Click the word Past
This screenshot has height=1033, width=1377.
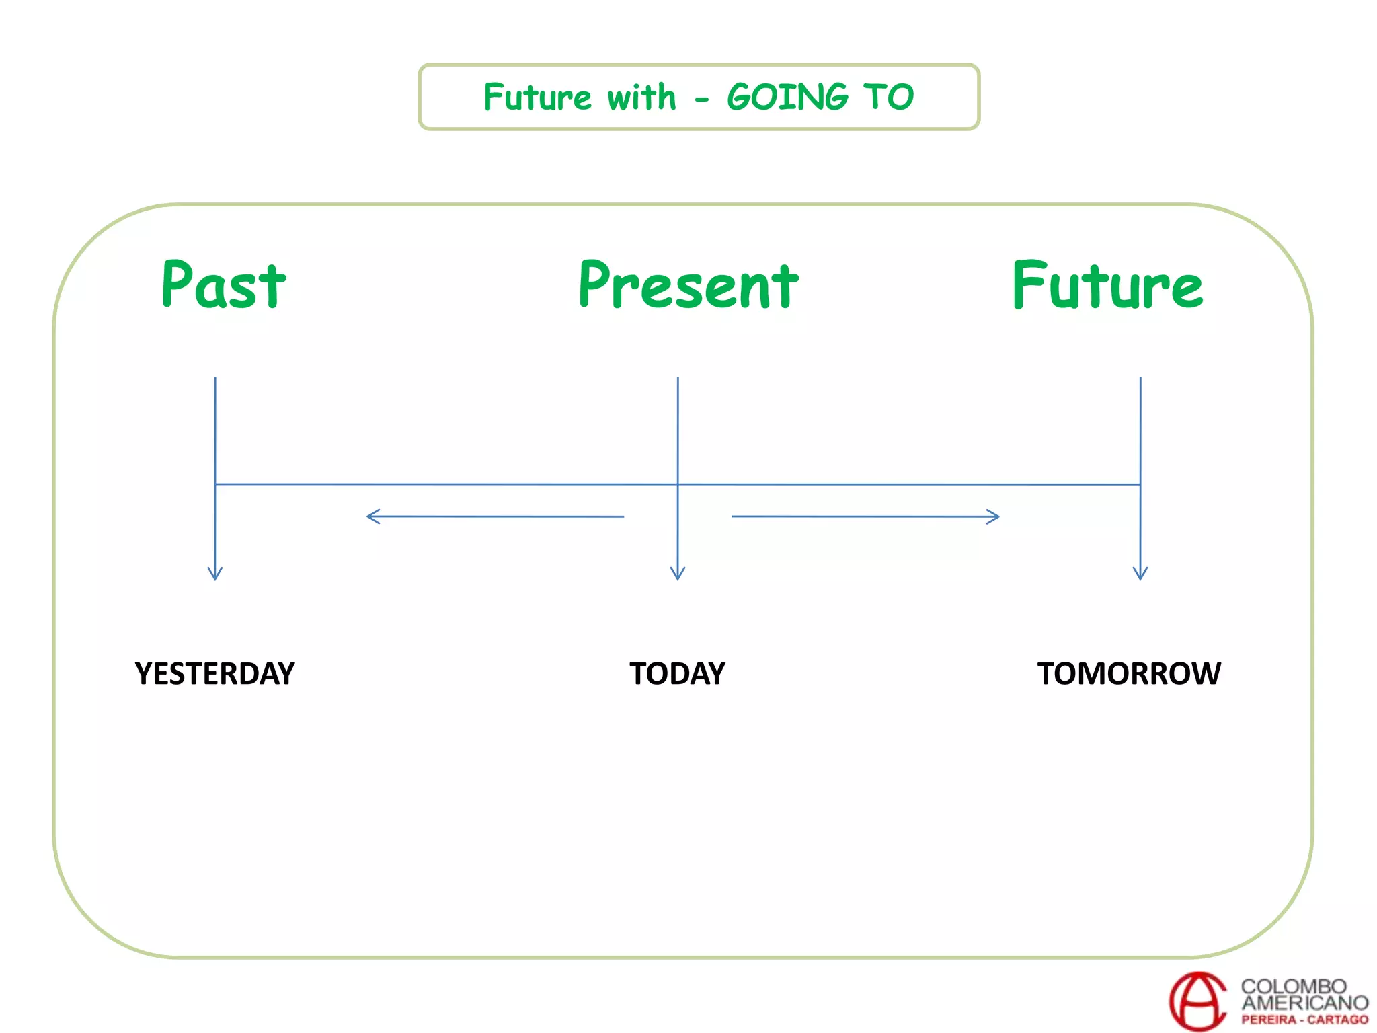point(224,285)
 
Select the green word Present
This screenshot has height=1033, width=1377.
point(688,286)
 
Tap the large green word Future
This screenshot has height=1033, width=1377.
point(1107,286)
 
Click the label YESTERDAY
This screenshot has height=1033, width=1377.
point(214,674)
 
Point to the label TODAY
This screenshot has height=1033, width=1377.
point(677,674)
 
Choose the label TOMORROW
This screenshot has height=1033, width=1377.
point(1129,674)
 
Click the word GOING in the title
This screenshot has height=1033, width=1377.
point(788,97)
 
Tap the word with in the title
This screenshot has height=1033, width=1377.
point(641,97)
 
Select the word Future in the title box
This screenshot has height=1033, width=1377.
point(537,97)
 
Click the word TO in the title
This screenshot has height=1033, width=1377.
point(889,97)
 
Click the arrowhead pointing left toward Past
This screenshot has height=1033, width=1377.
point(372,516)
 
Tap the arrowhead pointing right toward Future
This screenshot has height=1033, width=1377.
point(994,516)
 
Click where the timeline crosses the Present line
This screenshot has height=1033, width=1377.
point(678,484)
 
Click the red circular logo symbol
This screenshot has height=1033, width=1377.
point(1198,1001)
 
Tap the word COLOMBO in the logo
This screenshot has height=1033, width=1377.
point(1294,986)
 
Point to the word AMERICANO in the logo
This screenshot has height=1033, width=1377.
point(1304,1003)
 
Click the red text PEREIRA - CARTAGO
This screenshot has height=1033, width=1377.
point(1304,1020)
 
